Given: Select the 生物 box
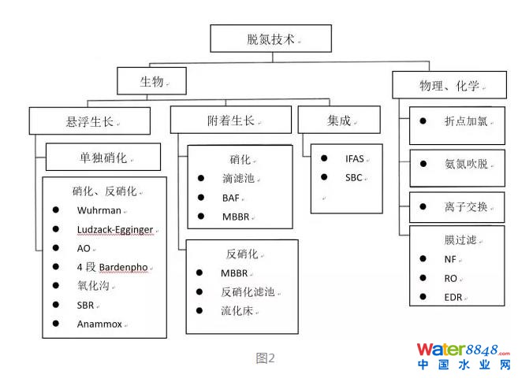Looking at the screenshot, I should point(151,81).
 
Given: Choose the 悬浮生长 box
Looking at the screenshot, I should point(89,121).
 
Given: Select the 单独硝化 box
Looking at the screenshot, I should point(102,157).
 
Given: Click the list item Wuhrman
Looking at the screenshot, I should point(99,210).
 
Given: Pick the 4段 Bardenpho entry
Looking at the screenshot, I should point(113,267).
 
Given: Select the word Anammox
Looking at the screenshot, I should point(100,324).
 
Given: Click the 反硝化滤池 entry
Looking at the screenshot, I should point(247,291).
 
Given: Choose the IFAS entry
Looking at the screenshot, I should point(355,158).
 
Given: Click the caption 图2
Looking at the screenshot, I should point(266,358).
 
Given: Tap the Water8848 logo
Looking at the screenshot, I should point(462,355).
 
